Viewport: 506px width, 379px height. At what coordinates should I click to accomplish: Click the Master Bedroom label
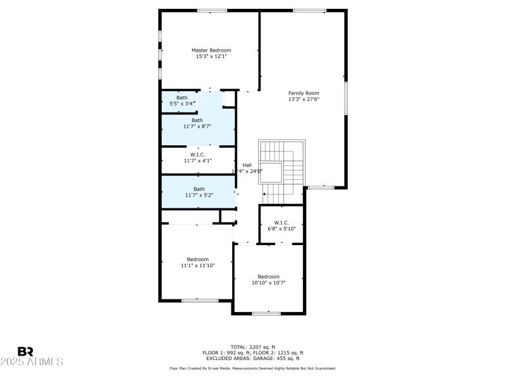(x=211, y=50)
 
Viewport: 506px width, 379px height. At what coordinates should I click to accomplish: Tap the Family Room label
(x=304, y=93)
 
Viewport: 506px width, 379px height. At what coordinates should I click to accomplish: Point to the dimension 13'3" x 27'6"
(x=304, y=99)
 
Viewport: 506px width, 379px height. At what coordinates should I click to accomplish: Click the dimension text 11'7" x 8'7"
(x=198, y=126)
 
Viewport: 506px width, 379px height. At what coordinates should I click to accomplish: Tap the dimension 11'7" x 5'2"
(x=199, y=195)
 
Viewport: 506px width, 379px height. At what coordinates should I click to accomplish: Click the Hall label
(x=247, y=165)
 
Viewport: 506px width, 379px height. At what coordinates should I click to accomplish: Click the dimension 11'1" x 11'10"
(x=197, y=266)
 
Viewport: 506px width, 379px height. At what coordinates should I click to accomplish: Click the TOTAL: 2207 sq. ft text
(x=252, y=347)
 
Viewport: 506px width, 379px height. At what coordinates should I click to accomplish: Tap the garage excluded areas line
(x=252, y=358)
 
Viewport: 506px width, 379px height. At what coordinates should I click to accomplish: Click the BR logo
(x=25, y=351)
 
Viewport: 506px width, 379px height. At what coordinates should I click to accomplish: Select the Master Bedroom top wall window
(x=212, y=10)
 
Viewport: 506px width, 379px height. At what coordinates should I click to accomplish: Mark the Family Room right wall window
(x=346, y=98)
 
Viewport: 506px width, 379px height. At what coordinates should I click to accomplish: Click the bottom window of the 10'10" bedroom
(x=266, y=313)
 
